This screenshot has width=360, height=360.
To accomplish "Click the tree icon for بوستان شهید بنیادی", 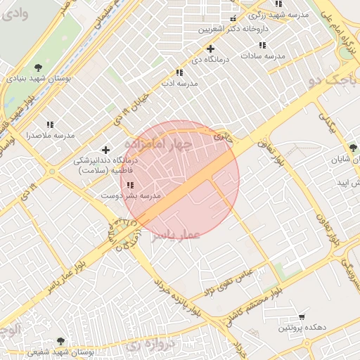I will tap(37, 67).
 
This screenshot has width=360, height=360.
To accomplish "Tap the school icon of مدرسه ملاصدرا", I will tap(49, 124).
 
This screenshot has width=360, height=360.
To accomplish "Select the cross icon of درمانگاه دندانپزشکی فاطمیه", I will tap(105, 149).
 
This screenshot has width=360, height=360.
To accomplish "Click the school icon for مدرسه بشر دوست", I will tap(130, 185).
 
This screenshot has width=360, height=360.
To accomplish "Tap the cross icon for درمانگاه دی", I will tap(210, 49).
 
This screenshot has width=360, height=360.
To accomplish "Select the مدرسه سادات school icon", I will tap(262, 45).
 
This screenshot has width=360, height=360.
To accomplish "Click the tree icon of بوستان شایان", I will tap(353, 148).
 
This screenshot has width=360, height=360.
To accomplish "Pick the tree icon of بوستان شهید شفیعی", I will tap(61, 341).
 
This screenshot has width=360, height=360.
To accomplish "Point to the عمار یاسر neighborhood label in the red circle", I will tap(176, 234).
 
